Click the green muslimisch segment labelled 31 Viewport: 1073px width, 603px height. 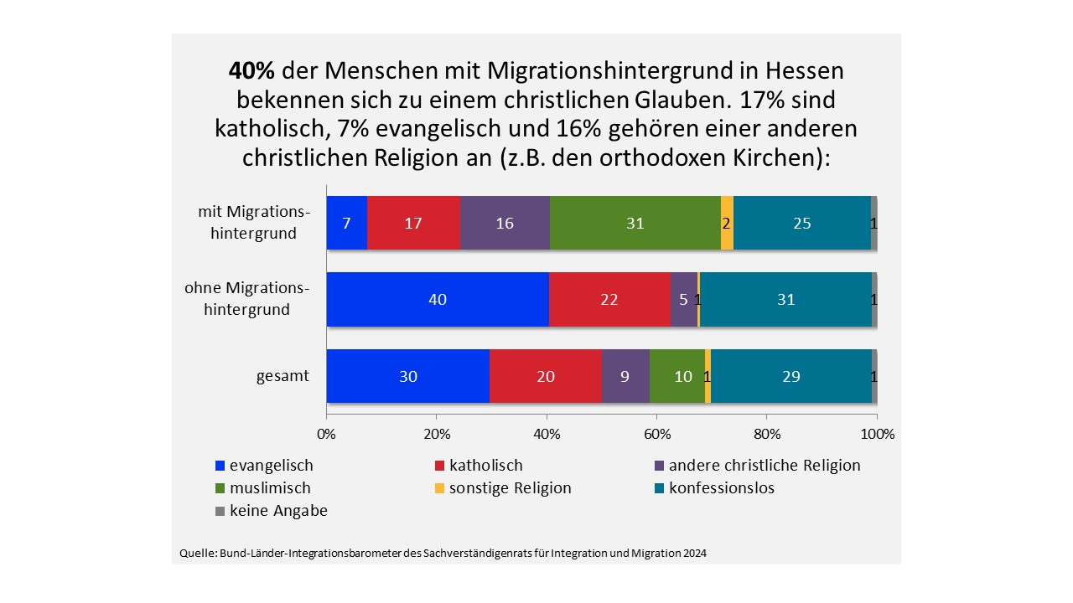point(635,223)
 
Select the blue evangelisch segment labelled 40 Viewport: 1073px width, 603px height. point(438,299)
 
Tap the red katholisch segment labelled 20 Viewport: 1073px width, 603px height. point(546,376)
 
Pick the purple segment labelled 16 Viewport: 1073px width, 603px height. point(505,223)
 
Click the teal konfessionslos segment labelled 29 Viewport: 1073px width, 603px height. point(790,376)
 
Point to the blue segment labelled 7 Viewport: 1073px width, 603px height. point(346,223)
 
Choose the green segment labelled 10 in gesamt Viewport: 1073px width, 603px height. point(677,376)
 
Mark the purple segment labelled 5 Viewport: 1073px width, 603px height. point(684,299)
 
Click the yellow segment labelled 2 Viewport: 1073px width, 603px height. point(727,223)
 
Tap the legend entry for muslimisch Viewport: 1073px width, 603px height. point(262,488)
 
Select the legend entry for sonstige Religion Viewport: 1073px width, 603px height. point(502,488)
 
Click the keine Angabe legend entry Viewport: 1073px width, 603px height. point(271,511)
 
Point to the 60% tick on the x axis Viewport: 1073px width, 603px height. point(656,434)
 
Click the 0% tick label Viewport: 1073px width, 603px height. point(326,434)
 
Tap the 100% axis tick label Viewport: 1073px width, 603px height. point(877,434)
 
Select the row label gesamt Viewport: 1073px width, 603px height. point(283,376)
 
